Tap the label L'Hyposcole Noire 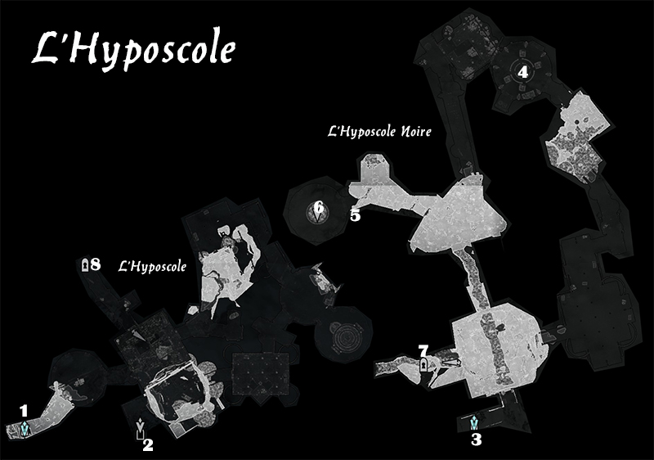pos(379,131)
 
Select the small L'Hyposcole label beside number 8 pos(153,266)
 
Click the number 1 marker pos(24,409)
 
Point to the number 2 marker pos(148,445)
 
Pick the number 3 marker pos(476,439)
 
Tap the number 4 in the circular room pos(522,72)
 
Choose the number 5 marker pos(355,216)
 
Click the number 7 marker pos(423,350)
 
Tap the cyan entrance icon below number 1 pos(26,426)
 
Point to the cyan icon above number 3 pos(475,422)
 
